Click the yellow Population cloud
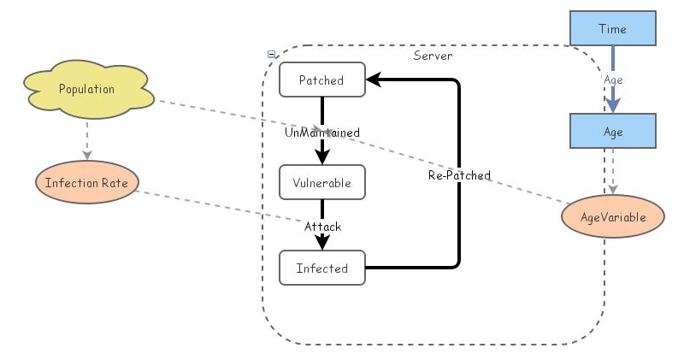[x=86, y=89]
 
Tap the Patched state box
[x=321, y=80]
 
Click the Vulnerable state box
[x=321, y=182]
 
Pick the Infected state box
[x=321, y=268]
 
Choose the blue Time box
[x=612, y=29]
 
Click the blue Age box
[x=612, y=133]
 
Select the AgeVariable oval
[x=612, y=217]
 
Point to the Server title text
[x=433, y=56]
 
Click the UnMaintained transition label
[x=321, y=133]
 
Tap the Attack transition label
[x=322, y=227]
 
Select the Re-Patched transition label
[x=459, y=175]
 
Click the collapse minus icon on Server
[x=271, y=54]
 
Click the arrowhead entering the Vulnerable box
[x=322, y=157]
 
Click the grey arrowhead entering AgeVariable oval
[x=613, y=189]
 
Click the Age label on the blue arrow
[x=613, y=80]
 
